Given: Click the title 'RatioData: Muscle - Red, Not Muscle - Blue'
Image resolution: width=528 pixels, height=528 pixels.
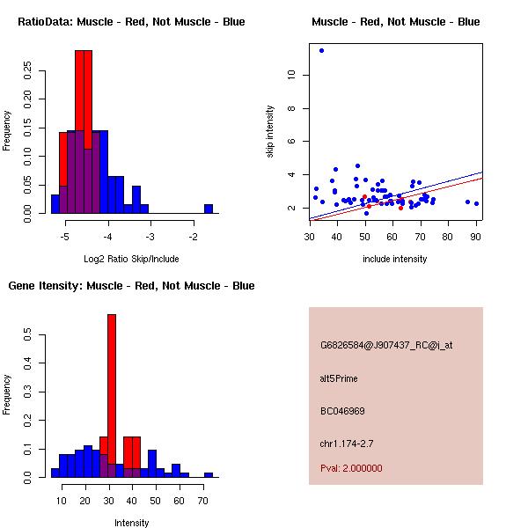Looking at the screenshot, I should coord(131,21).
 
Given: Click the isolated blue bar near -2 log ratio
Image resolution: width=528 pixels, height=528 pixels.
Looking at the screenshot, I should coord(209,209).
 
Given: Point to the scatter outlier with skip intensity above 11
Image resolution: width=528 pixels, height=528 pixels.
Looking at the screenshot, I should coord(321,50).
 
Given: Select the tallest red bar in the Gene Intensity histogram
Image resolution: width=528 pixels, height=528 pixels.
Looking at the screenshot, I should coord(112,395).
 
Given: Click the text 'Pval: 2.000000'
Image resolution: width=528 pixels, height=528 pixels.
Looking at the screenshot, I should coord(351,468).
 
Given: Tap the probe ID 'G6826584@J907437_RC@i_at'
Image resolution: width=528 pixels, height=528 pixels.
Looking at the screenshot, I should coord(385,346).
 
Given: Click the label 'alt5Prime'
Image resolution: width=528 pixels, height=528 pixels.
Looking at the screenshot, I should coord(339,378).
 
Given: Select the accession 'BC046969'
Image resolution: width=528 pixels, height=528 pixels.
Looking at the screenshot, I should coord(342,411).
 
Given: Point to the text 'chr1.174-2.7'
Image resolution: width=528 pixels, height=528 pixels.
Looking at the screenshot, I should coord(346,443).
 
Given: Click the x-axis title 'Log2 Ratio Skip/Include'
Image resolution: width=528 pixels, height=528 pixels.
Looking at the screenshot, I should coord(132,259).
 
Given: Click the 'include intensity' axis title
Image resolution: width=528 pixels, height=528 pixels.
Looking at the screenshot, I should coord(395,259).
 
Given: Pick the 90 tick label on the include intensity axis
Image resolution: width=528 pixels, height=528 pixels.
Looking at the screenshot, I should coord(475,236).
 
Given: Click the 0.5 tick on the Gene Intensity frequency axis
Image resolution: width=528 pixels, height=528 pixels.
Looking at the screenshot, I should coord(27,335).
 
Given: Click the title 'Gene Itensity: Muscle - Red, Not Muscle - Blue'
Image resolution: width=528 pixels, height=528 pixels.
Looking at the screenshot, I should coord(131,285).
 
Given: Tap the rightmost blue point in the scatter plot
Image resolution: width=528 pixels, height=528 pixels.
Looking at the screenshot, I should coord(476,203).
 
